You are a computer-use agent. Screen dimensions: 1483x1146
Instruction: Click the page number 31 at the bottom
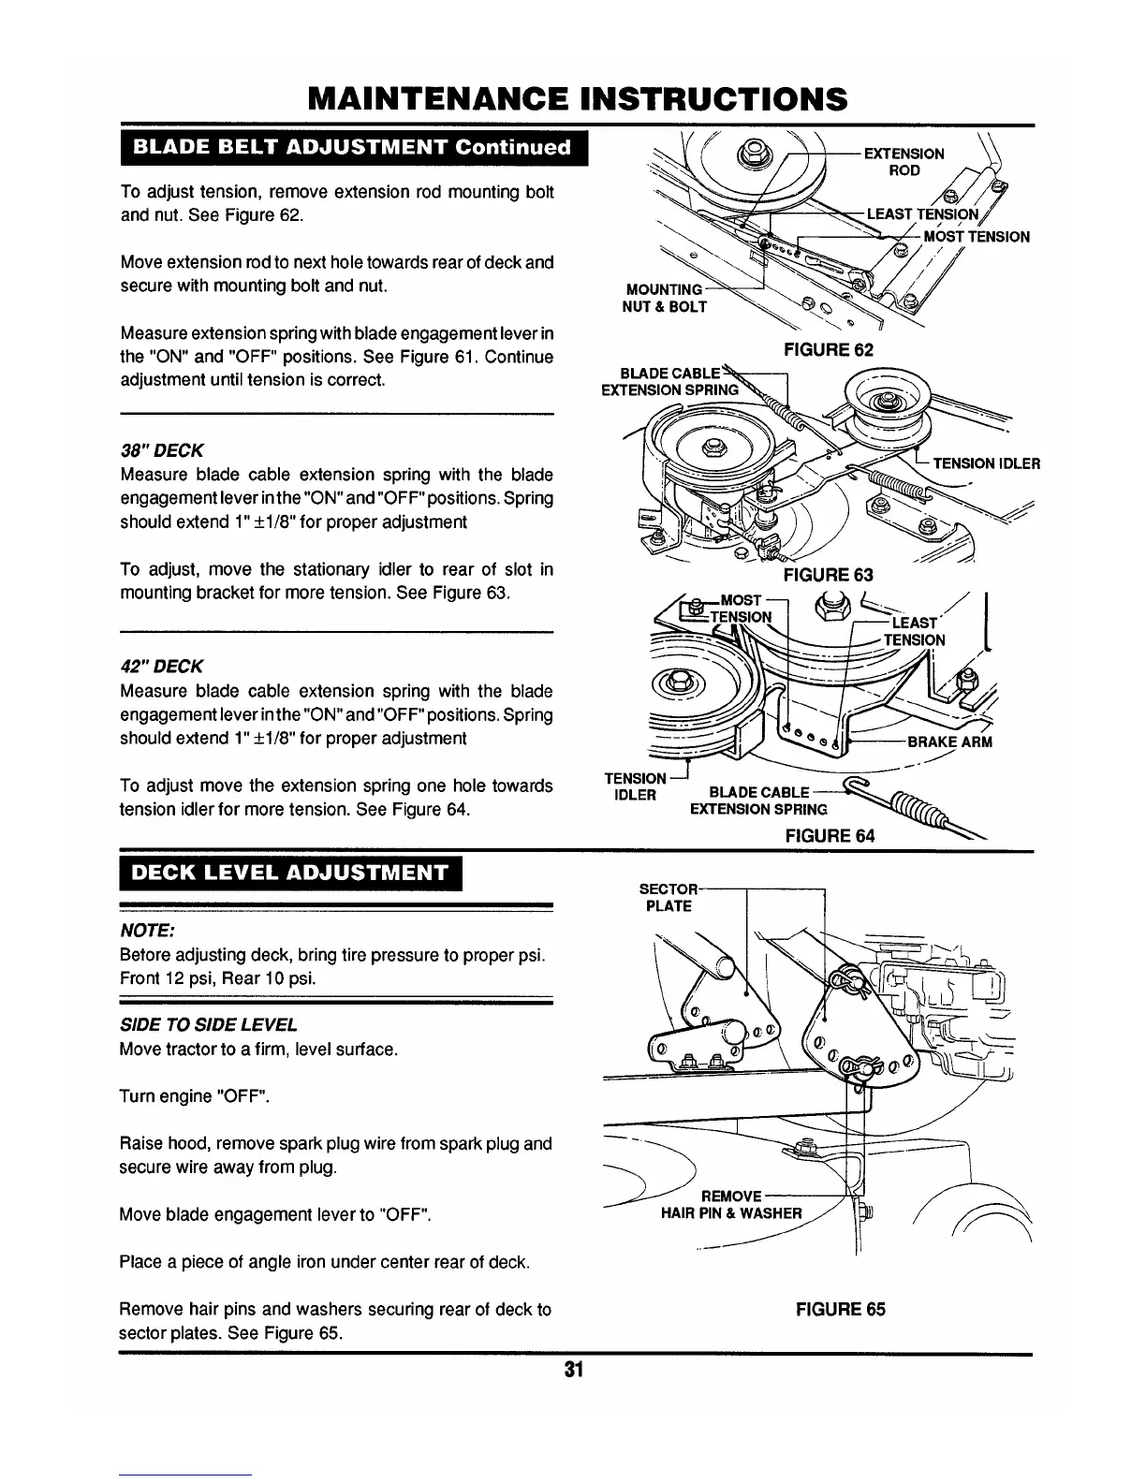(573, 1370)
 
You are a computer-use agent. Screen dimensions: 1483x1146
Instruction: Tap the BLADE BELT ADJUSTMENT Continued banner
(352, 147)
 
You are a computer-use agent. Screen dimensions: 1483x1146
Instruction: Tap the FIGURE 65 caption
(840, 1309)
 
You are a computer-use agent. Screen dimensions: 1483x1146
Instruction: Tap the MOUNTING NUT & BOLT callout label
(664, 299)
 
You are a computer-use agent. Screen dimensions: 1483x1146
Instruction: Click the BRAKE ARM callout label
(950, 742)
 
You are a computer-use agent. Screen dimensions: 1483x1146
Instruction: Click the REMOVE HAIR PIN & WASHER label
(731, 1206)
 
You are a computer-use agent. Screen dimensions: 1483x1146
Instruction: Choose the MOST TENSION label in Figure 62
(977, 236)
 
